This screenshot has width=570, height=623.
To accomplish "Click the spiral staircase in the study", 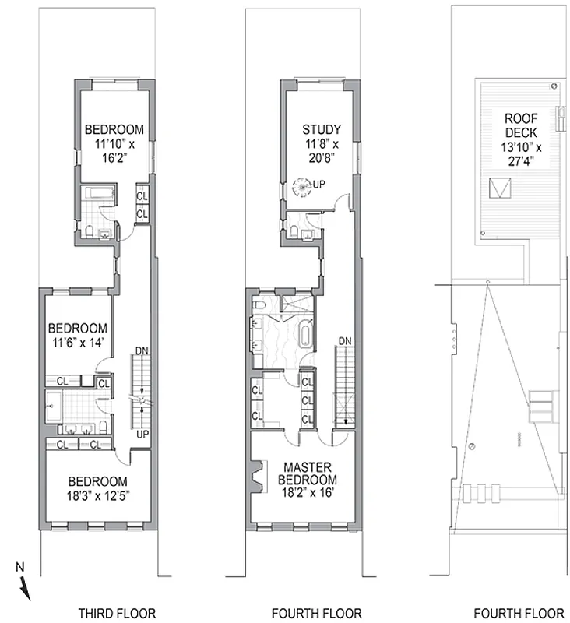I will coord(301,186).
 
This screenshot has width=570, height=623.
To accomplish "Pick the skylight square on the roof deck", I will coord(499,188).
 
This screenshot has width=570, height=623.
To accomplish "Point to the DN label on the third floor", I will coord(141,350).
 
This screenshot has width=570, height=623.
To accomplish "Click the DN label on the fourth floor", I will coord(345,342).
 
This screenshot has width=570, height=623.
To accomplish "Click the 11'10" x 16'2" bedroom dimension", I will coord(114,151).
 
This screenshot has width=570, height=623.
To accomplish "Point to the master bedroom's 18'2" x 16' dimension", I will coord(308,492).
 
